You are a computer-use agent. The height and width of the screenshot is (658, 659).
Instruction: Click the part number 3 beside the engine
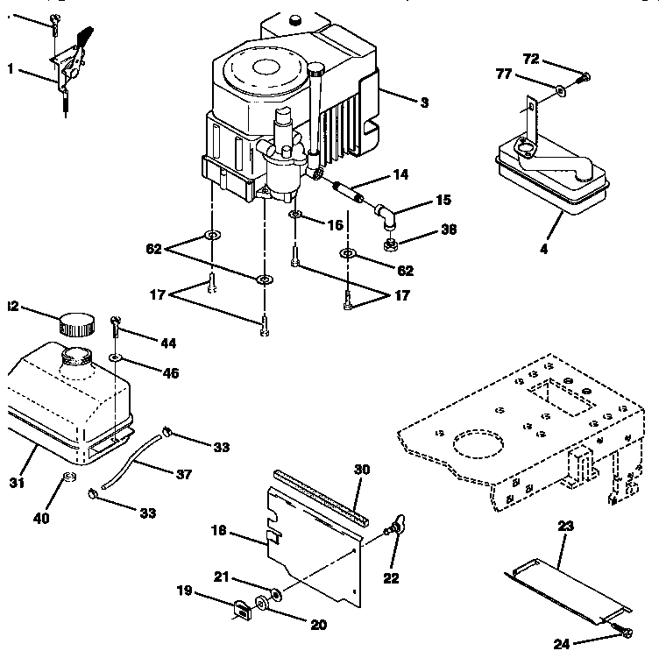pyautogui.click(x=424, y=103)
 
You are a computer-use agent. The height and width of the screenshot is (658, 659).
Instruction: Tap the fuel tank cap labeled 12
pyautogui.click(x=76, y=325)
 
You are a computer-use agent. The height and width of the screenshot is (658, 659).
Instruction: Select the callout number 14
pyautogui.click(x=400, y=175)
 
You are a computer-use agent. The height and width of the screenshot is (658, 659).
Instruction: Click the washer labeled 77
pyautogui.click(x=558, y=88)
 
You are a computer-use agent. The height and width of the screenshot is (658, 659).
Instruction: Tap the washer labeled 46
pyautogui.click(x=116, y=358)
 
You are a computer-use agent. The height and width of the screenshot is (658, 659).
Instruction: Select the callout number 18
pyautogui.click(x=219, y=531)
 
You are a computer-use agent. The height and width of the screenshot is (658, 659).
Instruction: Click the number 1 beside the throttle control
pyautogui.click(x=11, y=70)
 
